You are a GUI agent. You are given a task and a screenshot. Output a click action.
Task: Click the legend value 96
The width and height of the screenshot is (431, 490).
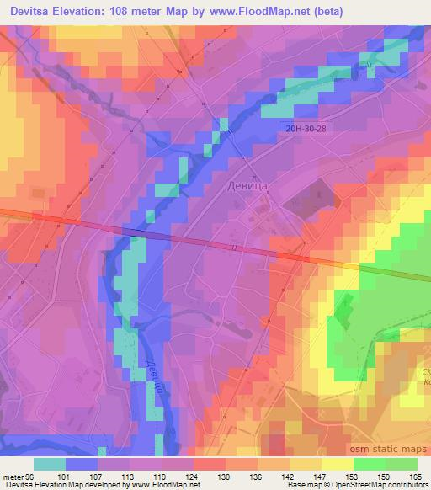tap(32, 476)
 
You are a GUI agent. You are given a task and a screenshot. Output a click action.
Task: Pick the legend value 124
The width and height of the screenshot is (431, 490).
tap(193, 476)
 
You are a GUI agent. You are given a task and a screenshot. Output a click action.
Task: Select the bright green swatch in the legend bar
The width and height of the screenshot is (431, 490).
tap(369, 464)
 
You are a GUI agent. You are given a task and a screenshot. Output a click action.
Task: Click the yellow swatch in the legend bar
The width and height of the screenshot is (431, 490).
tap(305, 464)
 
